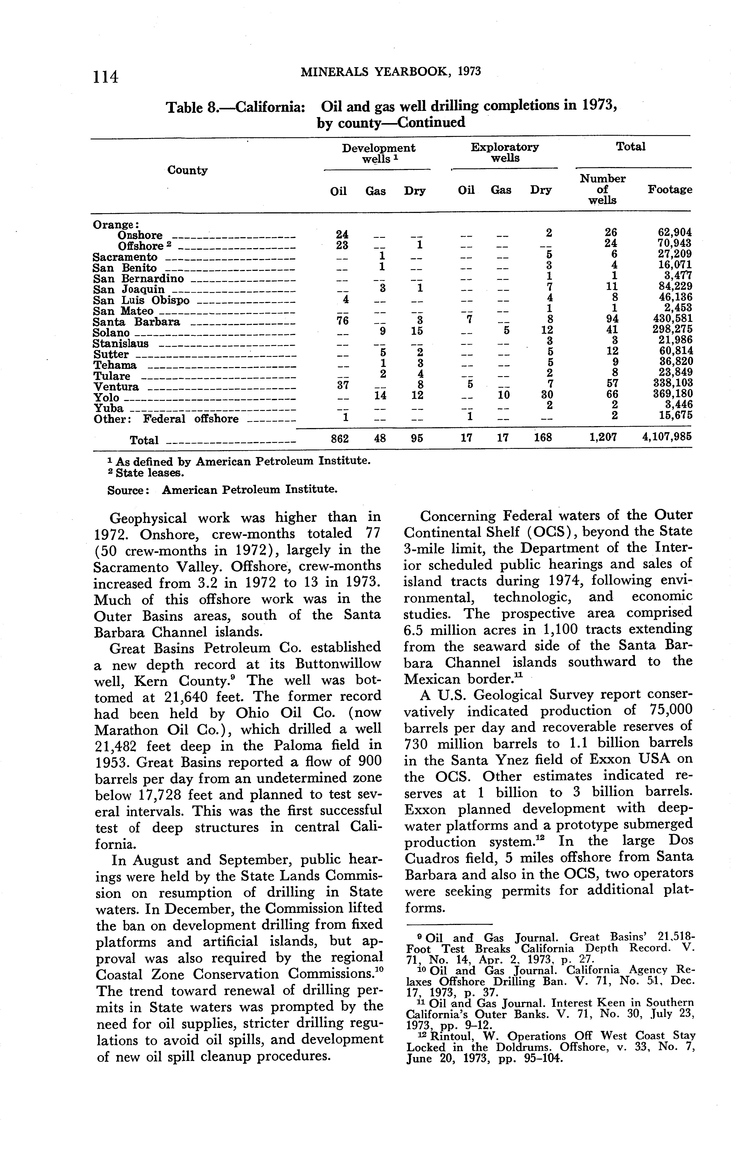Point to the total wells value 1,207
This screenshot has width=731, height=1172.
pos(604,437)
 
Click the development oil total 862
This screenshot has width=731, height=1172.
pos(339,438)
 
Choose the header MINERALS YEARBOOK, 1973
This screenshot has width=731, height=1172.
pos(391,72)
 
